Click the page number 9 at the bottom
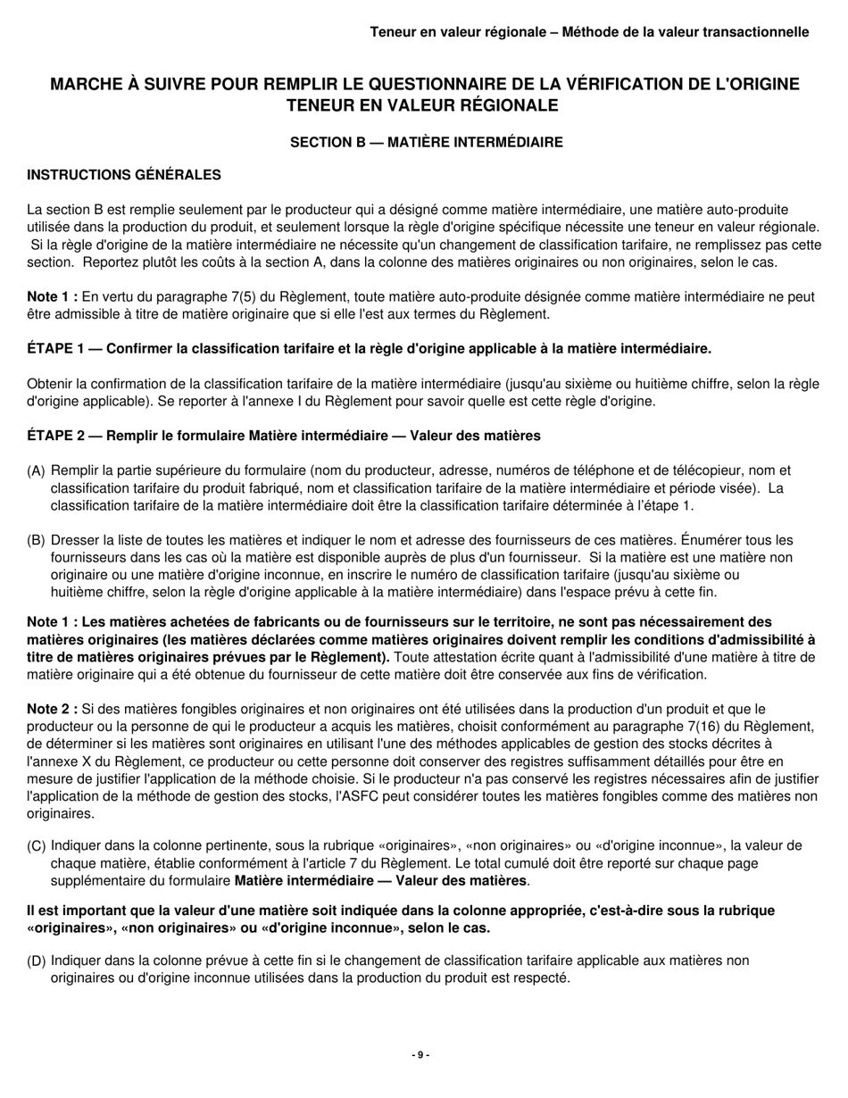click(420, 1055)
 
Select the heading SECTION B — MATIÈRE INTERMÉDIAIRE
click(427, 142)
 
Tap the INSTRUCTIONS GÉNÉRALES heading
click(124, 174)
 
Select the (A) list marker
click(37, 470)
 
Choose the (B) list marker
click(37, 540)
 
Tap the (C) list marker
click(37, 845)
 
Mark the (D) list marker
click(37, 961)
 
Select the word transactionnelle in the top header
click(754, 32)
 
